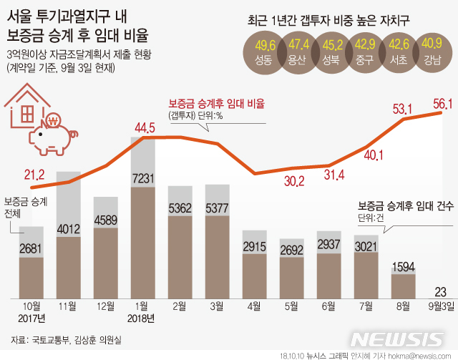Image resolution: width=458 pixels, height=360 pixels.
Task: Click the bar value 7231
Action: [143, 177]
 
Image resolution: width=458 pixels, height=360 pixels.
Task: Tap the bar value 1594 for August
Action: [404, 267]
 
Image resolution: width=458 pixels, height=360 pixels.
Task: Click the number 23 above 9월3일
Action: [441, 291]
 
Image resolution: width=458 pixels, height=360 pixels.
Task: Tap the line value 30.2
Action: [292, 201]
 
